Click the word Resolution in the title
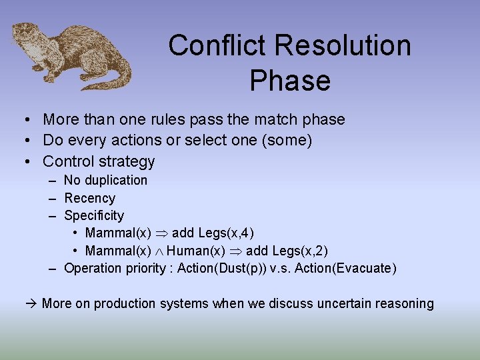click(342, 46)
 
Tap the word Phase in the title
click(290, 81)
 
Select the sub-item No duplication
click(105, 180)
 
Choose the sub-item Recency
click(89, 198)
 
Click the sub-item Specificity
click(93, 215)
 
